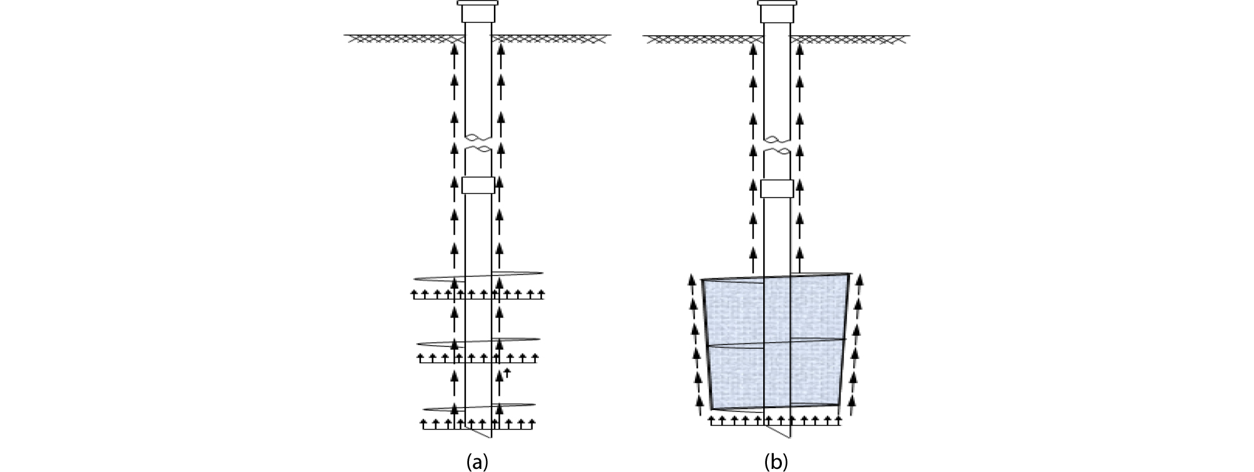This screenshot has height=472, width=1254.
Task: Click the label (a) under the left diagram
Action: point(477,462)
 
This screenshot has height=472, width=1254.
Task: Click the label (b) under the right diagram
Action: point(776,462)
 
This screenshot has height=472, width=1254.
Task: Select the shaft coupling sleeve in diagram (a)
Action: point(478,185)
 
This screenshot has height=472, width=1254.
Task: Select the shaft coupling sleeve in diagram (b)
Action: point(777,188)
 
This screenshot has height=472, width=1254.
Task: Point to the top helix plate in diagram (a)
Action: point(478,276)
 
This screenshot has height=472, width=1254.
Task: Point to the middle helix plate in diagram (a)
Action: point(478,342)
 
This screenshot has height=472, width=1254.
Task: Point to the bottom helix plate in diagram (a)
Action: point(478,407)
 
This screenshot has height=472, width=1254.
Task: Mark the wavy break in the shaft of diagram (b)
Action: point(778,145)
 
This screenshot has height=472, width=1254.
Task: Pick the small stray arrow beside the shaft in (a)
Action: point(507,373)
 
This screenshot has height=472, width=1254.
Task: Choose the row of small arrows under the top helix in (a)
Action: point(478,294)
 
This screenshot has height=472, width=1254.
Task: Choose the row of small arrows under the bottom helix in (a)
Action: point(478,424)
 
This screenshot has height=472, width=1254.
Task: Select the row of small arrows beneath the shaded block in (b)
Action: point(776,419)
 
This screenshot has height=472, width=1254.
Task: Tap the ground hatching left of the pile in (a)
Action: point(400,39)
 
